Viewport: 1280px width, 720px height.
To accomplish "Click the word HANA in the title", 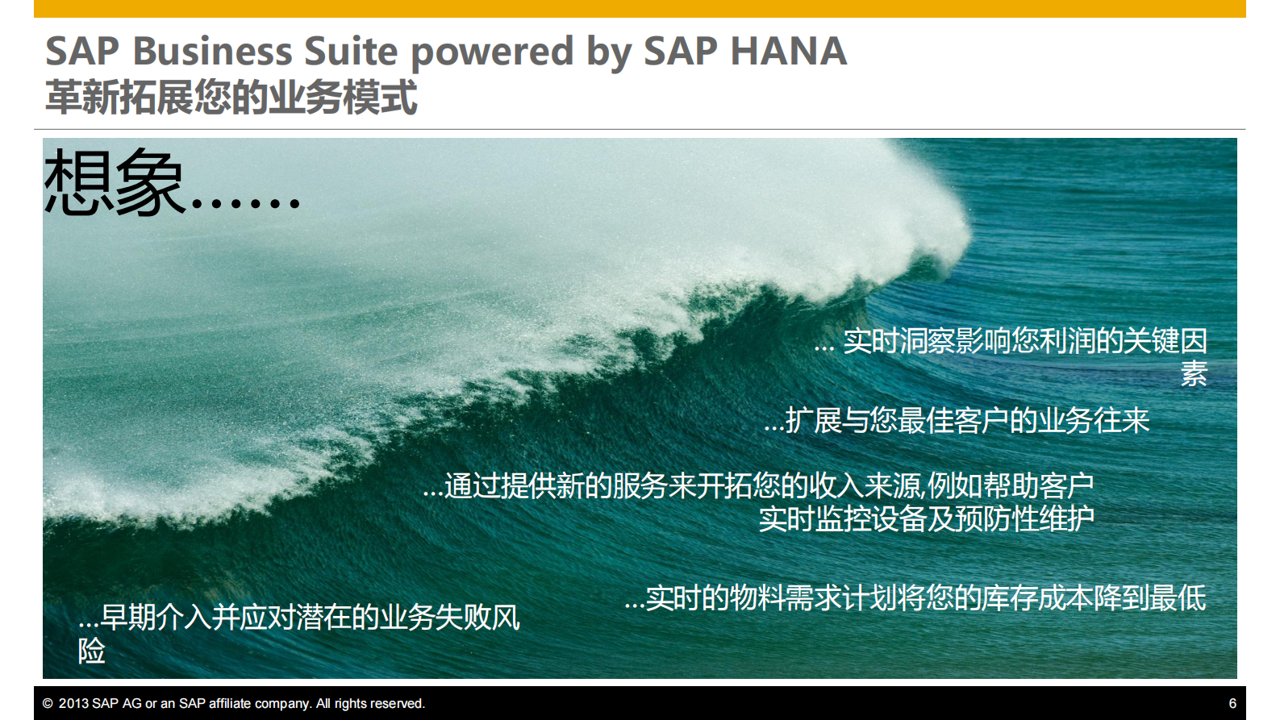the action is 789,51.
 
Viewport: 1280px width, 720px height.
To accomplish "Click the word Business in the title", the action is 213,51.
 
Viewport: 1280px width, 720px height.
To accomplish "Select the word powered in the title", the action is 492,54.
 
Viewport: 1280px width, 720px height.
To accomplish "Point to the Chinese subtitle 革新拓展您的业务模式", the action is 231,97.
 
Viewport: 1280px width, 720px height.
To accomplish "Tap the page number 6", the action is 1232,703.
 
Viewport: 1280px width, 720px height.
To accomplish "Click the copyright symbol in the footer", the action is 48,703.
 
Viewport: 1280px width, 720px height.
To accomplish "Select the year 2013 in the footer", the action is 73,703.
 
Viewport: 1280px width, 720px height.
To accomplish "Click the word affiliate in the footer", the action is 230,703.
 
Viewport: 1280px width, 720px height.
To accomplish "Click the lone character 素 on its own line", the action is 1194,373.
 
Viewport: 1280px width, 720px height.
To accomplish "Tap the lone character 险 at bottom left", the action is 91,651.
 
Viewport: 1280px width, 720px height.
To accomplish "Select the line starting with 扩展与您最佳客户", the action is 957,420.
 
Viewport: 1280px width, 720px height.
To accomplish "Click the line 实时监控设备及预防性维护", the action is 926,518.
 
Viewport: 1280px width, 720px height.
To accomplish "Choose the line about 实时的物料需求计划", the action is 915,597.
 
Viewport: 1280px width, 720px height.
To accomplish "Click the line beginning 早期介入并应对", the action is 299,617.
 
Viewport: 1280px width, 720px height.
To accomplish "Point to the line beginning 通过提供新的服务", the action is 758,485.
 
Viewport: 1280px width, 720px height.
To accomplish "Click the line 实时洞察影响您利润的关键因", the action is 1011,340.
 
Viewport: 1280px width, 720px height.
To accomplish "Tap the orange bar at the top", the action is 640,9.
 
